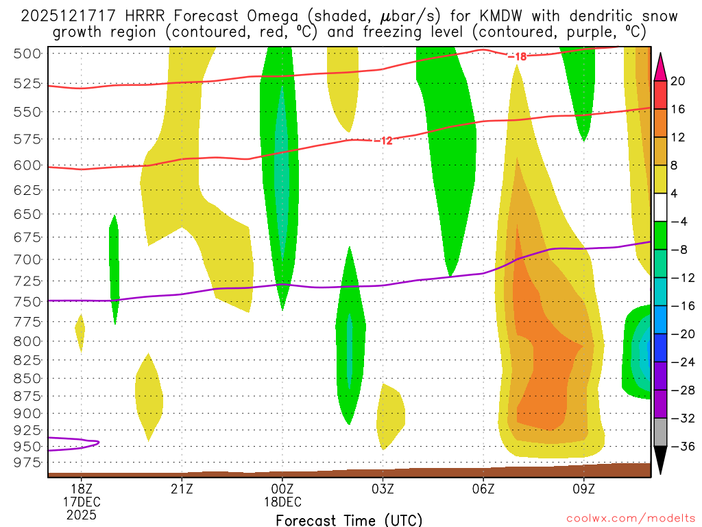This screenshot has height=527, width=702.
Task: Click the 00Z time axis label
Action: pyautogui.click(x=282, y=489)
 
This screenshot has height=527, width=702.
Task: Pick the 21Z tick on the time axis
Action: pyautogui.click(x=182, y=489)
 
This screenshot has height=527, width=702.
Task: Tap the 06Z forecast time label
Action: pyautogui.click(x=483, y=489)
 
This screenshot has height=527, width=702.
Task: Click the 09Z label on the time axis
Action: pyautogui.click(x=584, y=489)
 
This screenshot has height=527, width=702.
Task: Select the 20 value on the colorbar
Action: pyautogui.click(x=679, y=81)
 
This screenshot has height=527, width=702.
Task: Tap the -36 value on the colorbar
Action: pyautogui.click(x=679, y=446)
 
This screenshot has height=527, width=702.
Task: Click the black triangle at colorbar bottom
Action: pyautogui.click(x=661, y=460)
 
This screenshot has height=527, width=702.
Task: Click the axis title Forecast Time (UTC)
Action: pyautogui.click(x=349, y=519)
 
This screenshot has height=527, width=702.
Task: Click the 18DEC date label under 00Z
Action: pyautogui.click(x=282, y=502)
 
